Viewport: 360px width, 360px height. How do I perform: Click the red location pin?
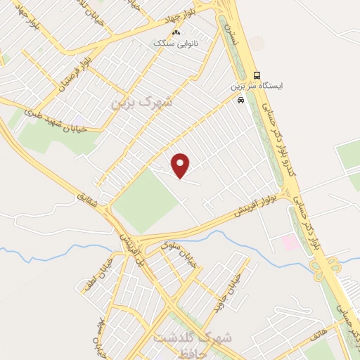coord(181,165)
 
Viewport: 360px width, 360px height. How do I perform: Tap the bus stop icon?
coord(257,75)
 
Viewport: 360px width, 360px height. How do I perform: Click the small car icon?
coord(241,100)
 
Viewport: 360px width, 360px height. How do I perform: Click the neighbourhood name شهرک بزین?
coord(141,103)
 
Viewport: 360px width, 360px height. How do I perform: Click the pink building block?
coord(289,242)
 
